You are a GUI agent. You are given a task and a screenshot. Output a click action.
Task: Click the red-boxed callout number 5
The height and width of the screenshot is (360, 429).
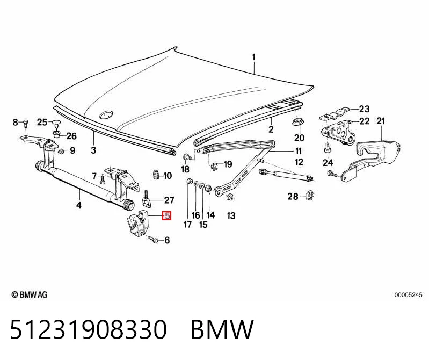click(166, 215)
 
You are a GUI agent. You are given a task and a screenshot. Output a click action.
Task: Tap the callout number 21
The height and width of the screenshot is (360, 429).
click(381, 121)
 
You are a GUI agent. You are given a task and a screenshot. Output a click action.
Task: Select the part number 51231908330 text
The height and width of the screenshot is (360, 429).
click(89, 329)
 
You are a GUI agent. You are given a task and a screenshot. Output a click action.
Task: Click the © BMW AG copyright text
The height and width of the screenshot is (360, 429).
click(30, 294)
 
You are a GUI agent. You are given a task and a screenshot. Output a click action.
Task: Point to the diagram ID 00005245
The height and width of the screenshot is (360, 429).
click(408, 295)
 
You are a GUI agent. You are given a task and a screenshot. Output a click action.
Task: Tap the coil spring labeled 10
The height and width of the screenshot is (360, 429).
click(156, 175)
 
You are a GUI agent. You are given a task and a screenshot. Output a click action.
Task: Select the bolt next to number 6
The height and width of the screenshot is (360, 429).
click(153, 240)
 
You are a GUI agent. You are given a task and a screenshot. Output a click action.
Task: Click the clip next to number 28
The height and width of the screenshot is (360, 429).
click(309, 196)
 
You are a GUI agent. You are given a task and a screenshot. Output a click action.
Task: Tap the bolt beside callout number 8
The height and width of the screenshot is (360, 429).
click(25, 123)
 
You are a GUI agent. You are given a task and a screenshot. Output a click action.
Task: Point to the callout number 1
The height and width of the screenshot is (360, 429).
click(254, 57)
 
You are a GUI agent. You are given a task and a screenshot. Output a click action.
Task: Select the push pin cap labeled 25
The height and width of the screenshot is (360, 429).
click(56, 124)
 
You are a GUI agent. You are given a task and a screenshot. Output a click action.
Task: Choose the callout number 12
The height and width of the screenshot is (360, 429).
click(299, 162)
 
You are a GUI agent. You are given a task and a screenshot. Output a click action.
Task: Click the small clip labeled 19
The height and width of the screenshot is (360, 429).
click(216, 165)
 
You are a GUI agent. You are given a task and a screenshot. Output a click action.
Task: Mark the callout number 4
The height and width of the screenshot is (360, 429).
click(79, 205)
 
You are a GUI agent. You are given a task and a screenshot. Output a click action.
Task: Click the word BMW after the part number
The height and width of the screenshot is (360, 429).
click(222, 329)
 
